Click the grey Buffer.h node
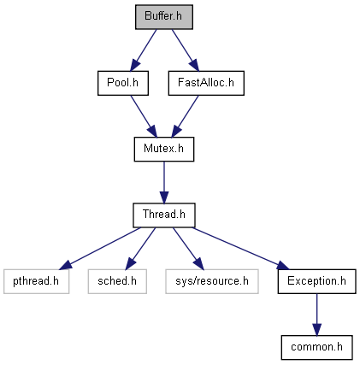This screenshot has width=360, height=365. coord(164,17)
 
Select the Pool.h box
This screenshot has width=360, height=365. coord(123,83)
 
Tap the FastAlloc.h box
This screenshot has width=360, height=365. coord(206,83)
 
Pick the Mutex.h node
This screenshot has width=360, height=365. coord(164,149)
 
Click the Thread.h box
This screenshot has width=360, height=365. coord(164,215)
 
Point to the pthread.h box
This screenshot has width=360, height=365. coord(36,281)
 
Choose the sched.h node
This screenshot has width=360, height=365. coord(117,281)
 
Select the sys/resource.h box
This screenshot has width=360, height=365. coord(212,281)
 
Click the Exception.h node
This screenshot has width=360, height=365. coord(316,281)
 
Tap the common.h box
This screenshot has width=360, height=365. coord(316,347)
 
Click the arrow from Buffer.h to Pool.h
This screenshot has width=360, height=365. coord(144,50)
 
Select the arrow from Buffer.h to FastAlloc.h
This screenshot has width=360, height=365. coord(186,50)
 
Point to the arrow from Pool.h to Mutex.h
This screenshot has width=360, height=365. coord(144,116)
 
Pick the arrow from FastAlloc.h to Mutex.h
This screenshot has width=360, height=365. coord(185,116)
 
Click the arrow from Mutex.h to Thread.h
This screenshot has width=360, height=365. coord(164,182)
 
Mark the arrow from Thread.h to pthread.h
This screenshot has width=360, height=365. coord(100,248)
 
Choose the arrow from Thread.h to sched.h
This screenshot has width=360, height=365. coord(140,249)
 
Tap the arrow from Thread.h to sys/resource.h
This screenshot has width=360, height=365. coord(188,249)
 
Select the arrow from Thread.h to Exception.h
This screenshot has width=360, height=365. coord(241,248)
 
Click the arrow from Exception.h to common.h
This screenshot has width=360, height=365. coord(316,315)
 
